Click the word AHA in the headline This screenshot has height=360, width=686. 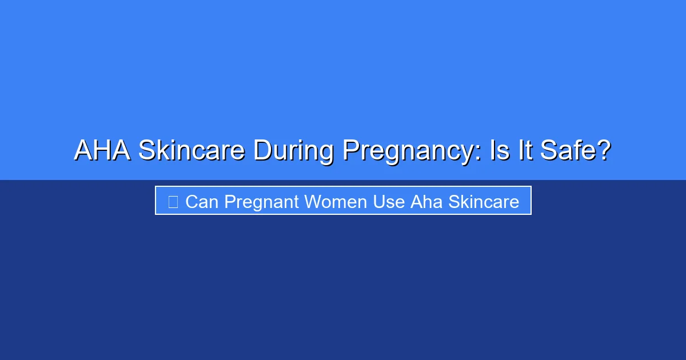(x=102, y=150)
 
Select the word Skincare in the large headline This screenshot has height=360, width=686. (x=192, y=150)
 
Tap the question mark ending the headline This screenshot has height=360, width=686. (x=604, y=150)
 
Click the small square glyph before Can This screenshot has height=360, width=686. (x=173, y=202)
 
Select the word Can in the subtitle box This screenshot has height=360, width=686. (x=202, y=202)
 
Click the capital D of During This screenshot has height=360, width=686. (x=261, y=150)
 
